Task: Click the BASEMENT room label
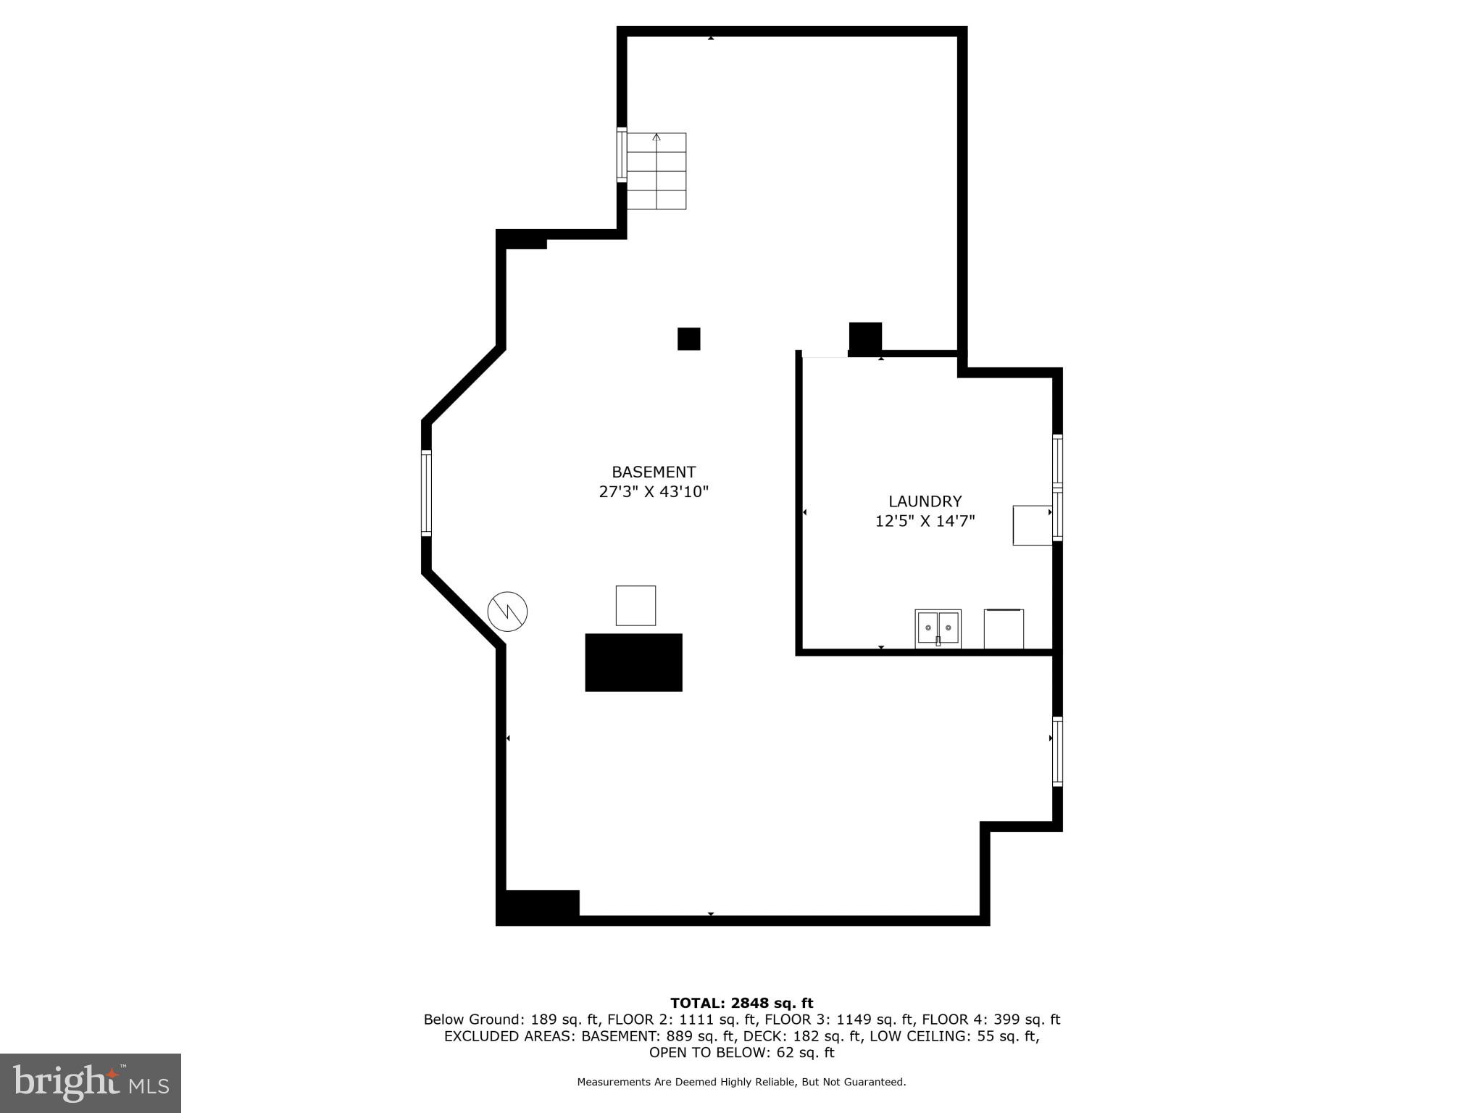[x=654, y=472]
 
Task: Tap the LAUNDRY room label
[x=925, y=501]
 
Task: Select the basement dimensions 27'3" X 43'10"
[x=654, y=491]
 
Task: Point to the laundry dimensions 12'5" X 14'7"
[x=925, y=520]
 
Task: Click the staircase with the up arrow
[x=656, y=171]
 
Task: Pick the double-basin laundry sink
[x=938, y=628]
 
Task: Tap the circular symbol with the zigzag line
[x=507, y=612]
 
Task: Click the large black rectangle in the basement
[x=633, y=662]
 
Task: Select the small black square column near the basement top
[x=688, y=338]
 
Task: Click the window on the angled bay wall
[x=426, y=493]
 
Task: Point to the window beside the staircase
[x=622, y=154]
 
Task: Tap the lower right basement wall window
[x=1057, y=751]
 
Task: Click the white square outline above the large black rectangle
[x=635, y=605]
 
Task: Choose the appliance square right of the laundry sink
[x=1004, y=629]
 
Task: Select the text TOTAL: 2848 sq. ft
[x=741, y=1003]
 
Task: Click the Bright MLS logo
[x=91, y=1083]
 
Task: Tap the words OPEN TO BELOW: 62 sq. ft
[x=741, y=1052]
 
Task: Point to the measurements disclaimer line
[x=741, y=1082]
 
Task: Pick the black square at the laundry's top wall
[x=865, y=338]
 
